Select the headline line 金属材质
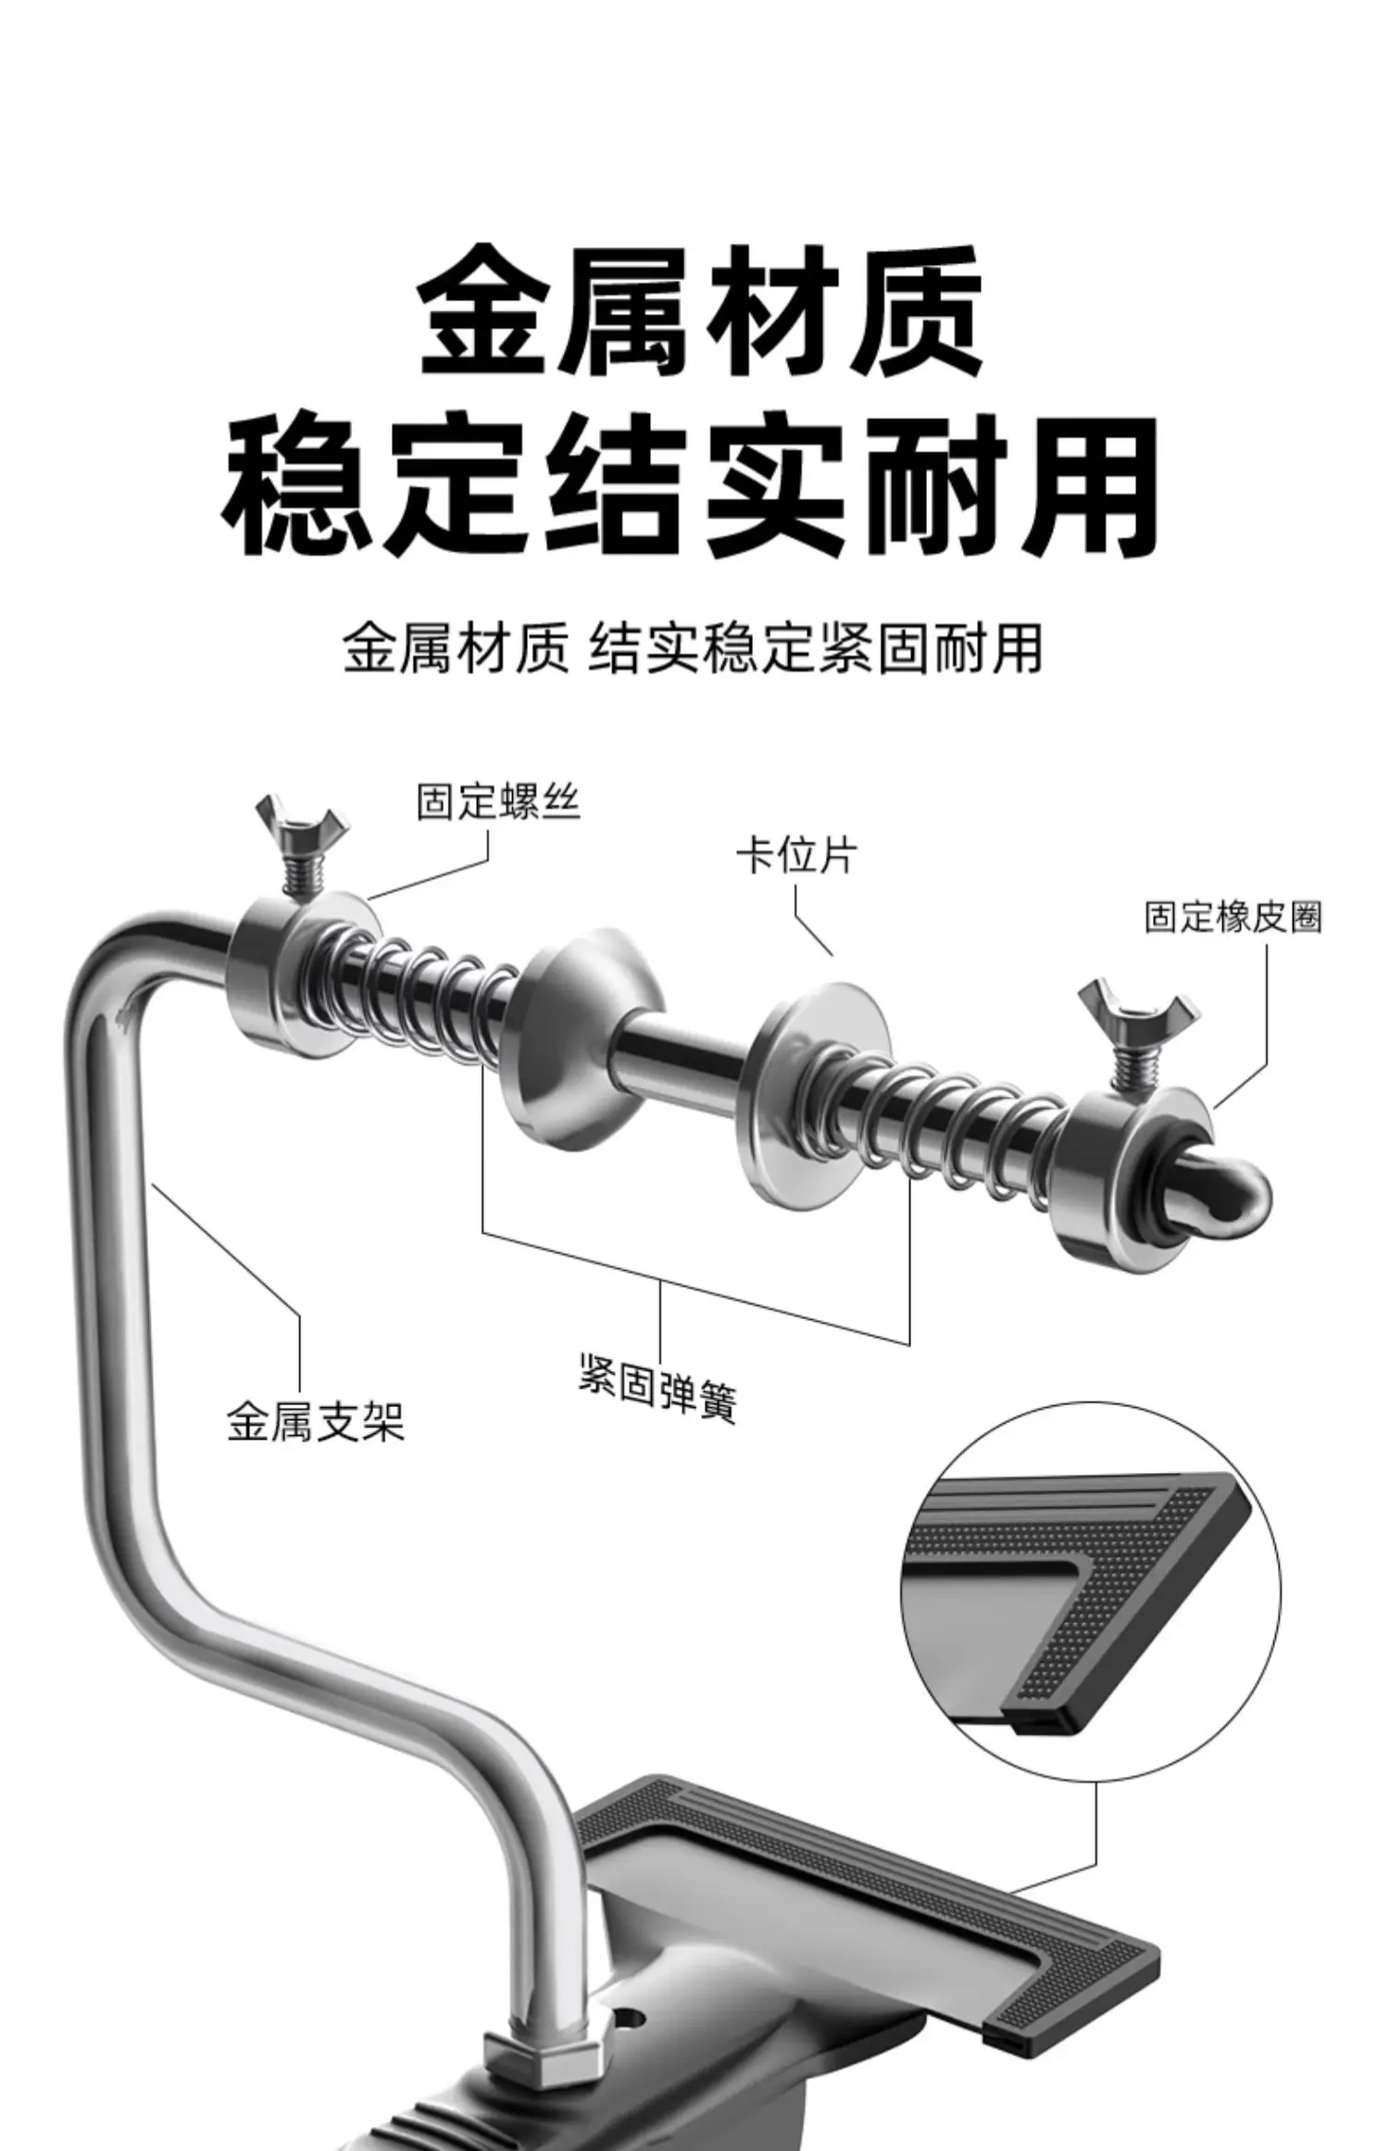tap(700, 310)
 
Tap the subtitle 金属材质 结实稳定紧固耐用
tap(693, 648)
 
